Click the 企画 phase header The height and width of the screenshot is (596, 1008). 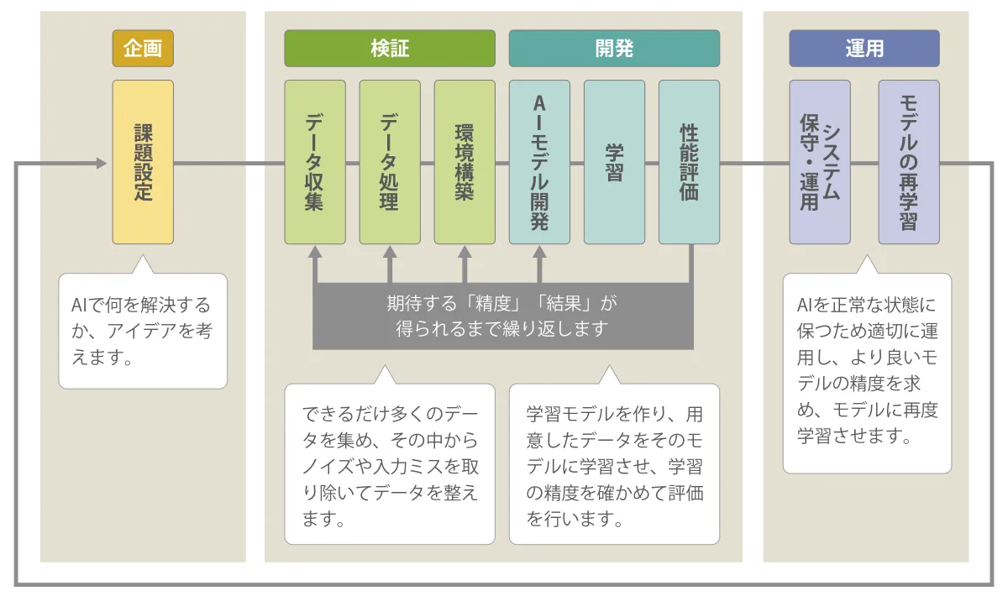pyautogui.click(x=143, y=49)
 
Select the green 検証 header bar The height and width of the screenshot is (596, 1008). pyautogui.click(x=390, y=49)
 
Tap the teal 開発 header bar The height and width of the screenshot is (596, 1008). pyautogui.click(x=614, y=49)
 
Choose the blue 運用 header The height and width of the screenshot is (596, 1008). pyautogui.click(x=864, y=49)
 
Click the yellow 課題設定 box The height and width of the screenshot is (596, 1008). pyautogui.click(x=143, y=162)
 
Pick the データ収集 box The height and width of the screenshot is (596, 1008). pyautogui.click(x=315, y=162)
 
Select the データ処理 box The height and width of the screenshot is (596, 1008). pyautogui.click(x=390, y=162)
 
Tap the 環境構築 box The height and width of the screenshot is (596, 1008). pyautogui.click(x=465, y=162)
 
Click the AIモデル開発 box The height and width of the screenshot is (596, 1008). pyautogui.click(x=539, y=162)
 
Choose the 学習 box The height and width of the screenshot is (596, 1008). pyautogui.click(x=614, y=162)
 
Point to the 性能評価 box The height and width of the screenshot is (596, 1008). pyautogui.click(x=689, y=162)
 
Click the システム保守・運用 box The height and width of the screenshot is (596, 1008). pyautogui.click(x=820, y=162)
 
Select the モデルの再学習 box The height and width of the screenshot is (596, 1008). pyautogui.click(x=909, y=162)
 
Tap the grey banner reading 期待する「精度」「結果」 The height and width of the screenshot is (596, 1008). pyautogui.click(x=502, y=316)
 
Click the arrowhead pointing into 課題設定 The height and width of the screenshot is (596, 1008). pyautogui.click(x=102, y=163)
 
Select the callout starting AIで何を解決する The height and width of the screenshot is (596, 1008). pyautogui.click(x=143, y=331)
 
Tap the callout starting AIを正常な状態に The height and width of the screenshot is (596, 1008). pyautogui.click(x=867, y=373)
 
